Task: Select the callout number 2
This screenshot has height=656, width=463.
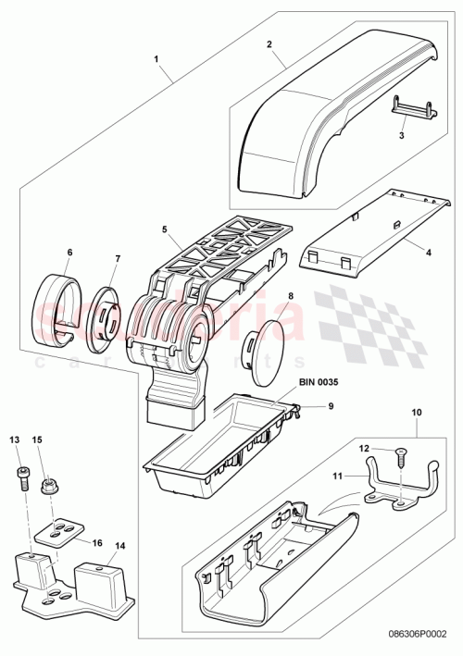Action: click(x=269, y=43)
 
